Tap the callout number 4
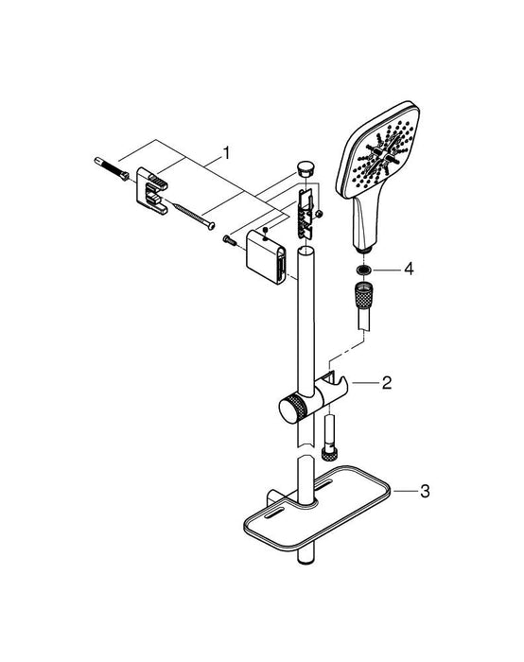tap(408, 269)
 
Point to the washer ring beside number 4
tap(361, 270)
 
